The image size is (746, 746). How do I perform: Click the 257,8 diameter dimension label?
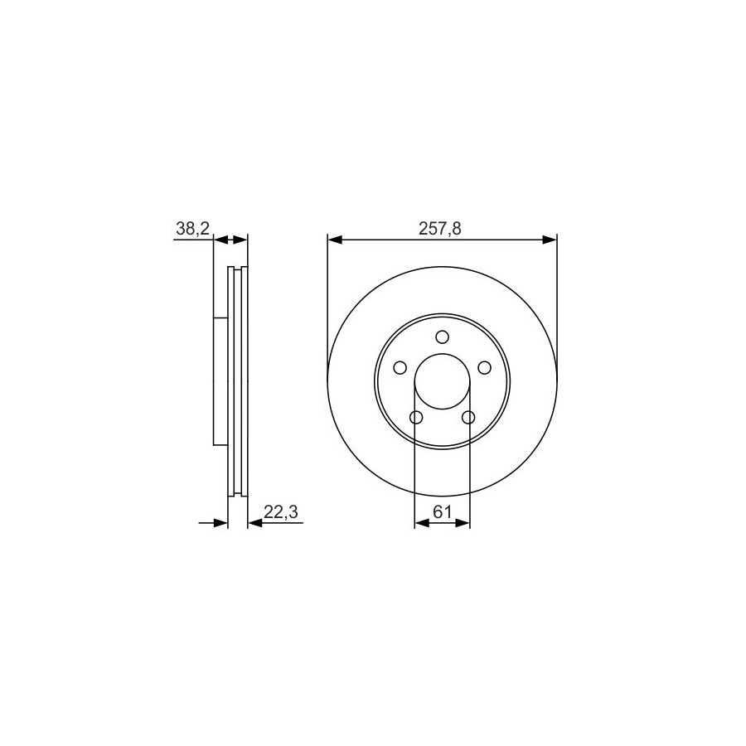point(439,229)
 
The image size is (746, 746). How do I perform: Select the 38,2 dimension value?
point(192,229)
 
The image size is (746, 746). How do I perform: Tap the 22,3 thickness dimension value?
point(281,512)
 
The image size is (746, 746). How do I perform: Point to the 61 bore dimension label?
point(442,512)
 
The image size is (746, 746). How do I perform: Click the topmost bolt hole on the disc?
point(442,337)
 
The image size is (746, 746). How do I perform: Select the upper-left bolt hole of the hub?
point(400,368)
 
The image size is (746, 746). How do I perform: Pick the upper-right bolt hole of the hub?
point(484,368)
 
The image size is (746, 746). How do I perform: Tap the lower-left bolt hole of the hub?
point(416,417)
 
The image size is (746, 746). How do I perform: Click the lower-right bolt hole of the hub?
point(468,417)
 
